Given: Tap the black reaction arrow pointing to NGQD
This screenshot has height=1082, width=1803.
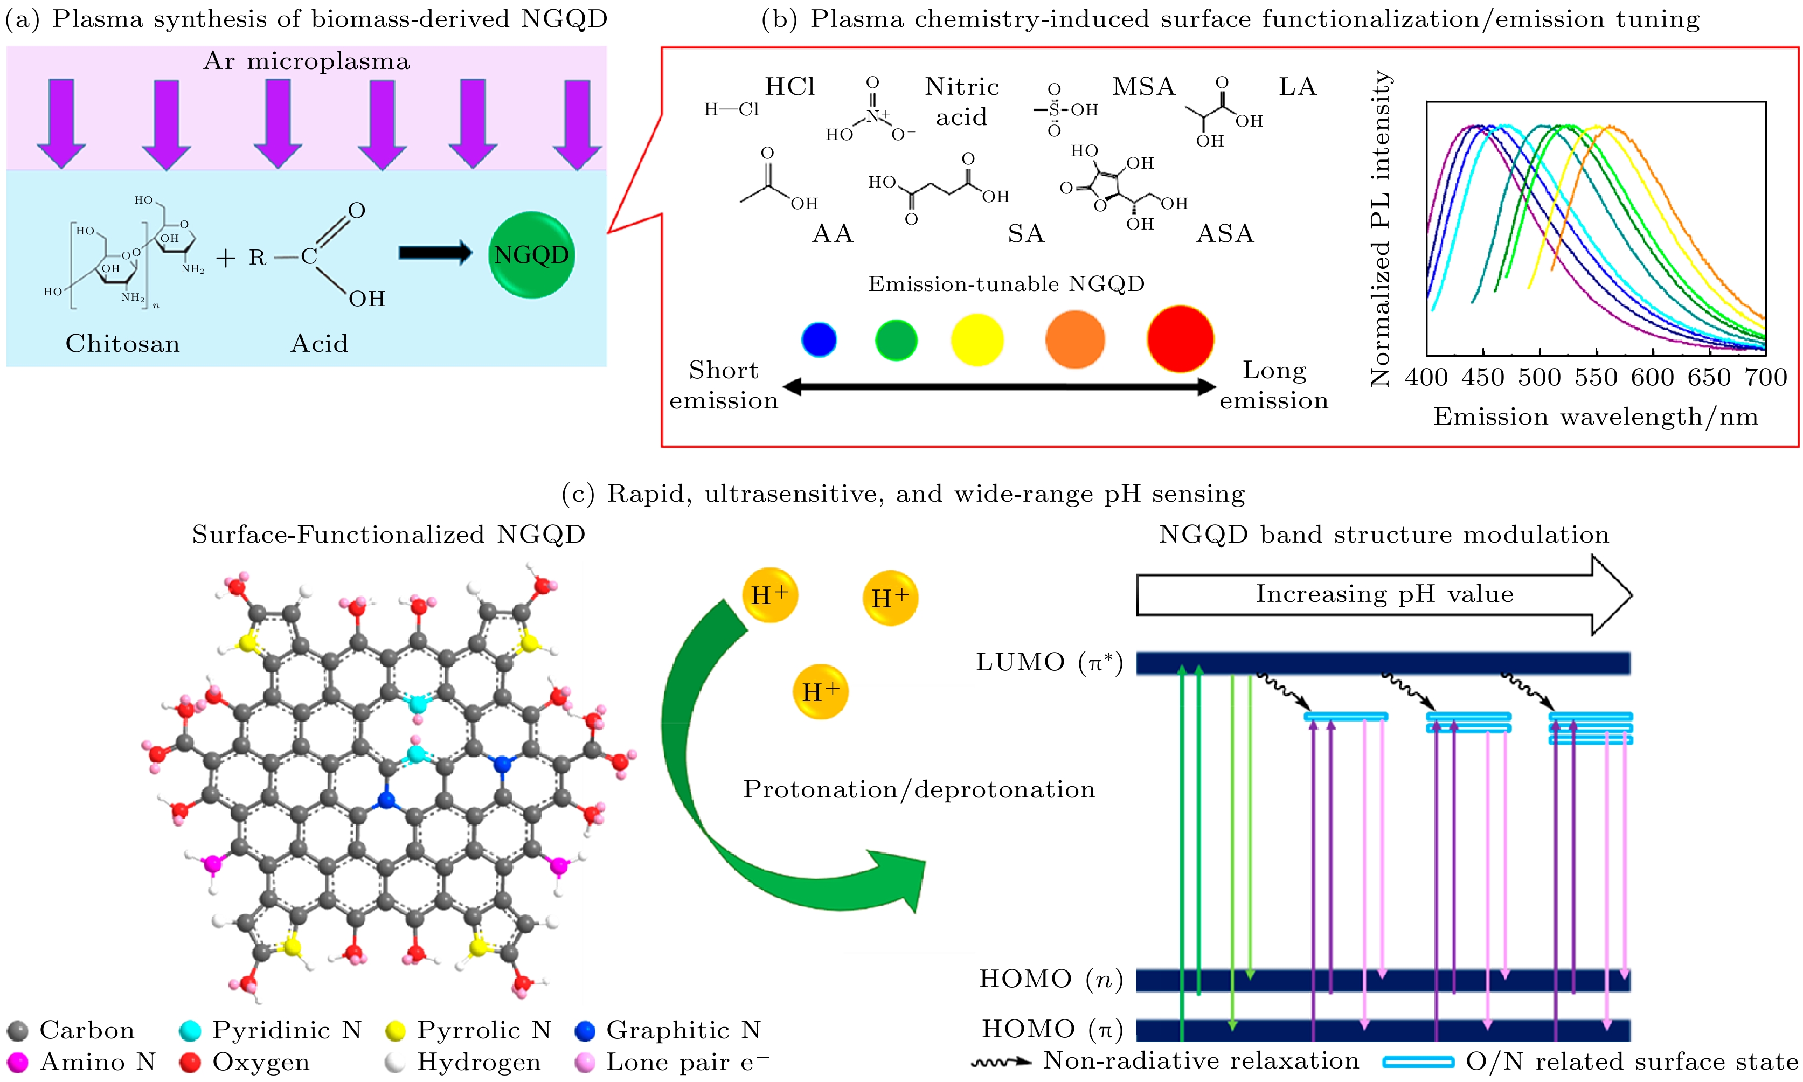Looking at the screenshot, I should [x=435, y=253].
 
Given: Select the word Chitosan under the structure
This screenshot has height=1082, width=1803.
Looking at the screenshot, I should [x=122, y=343].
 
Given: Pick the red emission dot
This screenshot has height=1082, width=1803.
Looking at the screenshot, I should [x=1180, y=339].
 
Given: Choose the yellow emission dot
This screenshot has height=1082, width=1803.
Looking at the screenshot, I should [x=977, y=340].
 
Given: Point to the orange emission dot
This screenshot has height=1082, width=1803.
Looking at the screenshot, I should [x=1074, y=340].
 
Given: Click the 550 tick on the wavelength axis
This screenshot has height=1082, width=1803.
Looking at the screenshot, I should [x=1596, y=377].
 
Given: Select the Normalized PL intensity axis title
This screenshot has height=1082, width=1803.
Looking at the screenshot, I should [x=1380, y=228].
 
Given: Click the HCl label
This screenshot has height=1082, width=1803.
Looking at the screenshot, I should [x=789, y=87].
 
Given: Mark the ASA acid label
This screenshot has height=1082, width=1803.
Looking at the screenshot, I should [x=1225, y=234].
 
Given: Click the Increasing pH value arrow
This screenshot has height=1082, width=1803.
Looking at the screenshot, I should [x=1384, y=594].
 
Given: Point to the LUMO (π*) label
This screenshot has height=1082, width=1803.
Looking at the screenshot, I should [x=1049, y=663].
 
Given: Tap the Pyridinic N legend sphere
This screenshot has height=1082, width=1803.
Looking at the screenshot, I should [x=190, y=1030].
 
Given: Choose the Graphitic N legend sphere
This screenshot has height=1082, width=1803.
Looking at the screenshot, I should [x=585, y=1030].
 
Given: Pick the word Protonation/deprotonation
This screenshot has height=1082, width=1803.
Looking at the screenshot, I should [x=919, y=789].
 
